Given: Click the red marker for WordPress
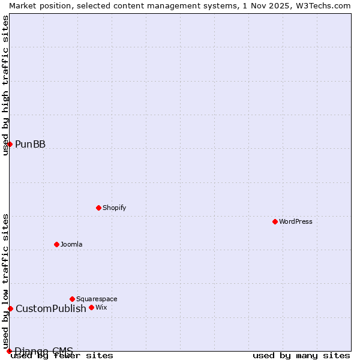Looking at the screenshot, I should (x=275, y=221).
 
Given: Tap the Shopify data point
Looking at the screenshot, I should (x=98, y=208).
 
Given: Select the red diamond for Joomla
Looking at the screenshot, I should (x=56, y=244).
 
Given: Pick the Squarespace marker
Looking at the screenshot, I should (x=72, y=299).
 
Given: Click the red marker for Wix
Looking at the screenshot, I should (x=91, y=307).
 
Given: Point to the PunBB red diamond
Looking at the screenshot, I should (x=10, y=144).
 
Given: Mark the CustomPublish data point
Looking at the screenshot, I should (x=10, y=308).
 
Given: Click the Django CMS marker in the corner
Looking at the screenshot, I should (x=9, y=351).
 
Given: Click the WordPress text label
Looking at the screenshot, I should (x=296, y=221).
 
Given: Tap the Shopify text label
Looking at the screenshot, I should (x=114, y=208).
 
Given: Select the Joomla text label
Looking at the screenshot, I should (x=71, y=244).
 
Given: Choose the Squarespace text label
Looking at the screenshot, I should (x=97, y=299).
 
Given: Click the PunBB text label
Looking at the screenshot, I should (x=30, y=144).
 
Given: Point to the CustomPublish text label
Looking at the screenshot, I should (x=51, y=308).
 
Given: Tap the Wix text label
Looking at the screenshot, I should (x=101, y=307).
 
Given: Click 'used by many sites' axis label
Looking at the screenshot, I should (x=301, y=355).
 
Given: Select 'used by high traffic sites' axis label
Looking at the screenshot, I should (x=5, y=85).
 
